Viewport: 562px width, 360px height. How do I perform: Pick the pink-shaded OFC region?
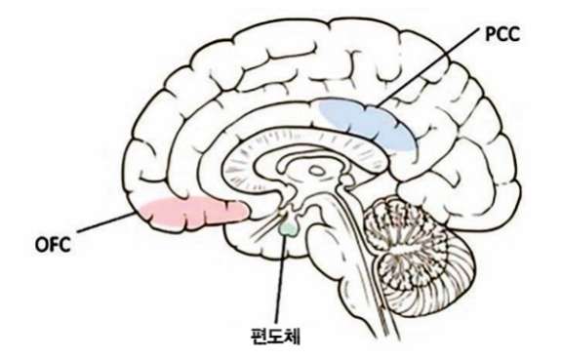[190, 212]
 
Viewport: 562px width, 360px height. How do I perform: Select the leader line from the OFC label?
[107, 224]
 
